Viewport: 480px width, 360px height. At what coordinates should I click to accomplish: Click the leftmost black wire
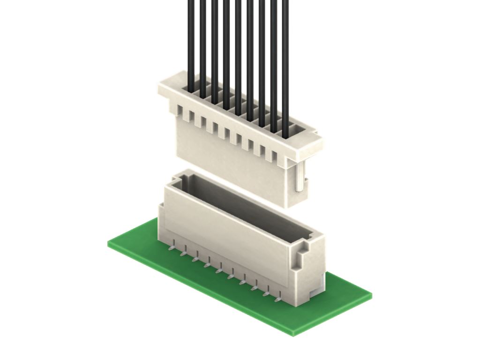pyautogui.click(x=191, y=42)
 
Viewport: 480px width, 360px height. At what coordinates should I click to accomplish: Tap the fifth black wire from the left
pyautogui.click(x=238, y=52)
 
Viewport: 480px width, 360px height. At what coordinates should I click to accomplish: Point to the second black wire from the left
pyautogui.click(x=202, y=45)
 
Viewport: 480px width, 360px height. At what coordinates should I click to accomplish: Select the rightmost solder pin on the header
pyautogui.click(x=278, y=298)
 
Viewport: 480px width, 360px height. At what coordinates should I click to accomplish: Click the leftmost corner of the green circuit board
pyautogui.click(x=109, y=244)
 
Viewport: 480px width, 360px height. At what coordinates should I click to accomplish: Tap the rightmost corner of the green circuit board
pyautogui.click(x=371, y=295)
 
